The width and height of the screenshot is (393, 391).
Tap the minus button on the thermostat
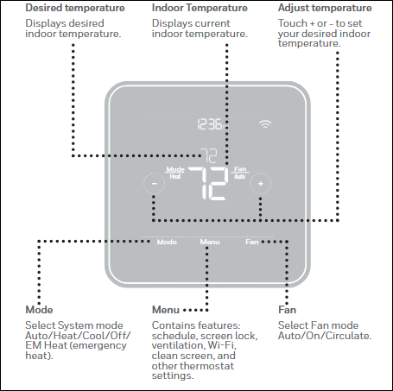[152, 183]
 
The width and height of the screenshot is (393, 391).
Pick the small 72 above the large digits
[209, 155]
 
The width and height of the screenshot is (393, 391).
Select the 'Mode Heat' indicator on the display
[175, 172]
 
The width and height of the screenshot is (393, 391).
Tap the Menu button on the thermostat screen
[210, 242]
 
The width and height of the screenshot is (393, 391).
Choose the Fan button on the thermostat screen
[251, 242]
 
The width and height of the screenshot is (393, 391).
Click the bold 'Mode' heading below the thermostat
[40, 309]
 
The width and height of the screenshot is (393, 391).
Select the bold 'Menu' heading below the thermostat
[166, 309]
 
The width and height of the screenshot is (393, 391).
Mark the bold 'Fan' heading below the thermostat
[287, 309]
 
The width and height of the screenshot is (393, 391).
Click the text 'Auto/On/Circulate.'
[325, 335]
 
